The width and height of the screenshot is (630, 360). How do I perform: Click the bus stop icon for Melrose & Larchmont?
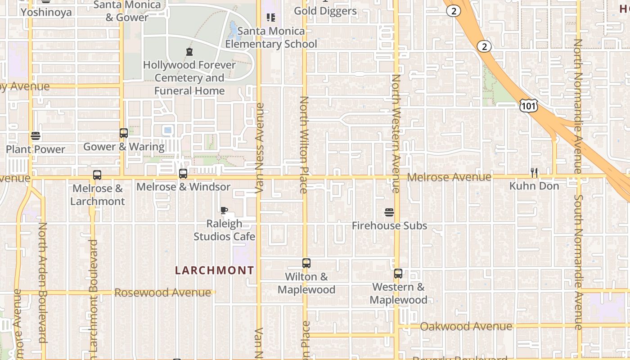(97, 175)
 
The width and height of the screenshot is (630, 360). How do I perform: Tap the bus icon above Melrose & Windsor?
(183, 173)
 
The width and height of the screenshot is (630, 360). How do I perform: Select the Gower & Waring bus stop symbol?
(124, 133)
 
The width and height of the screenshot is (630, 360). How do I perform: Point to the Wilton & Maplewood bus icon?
(306, 263)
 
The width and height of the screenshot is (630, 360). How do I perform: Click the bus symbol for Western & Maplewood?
(398, 273)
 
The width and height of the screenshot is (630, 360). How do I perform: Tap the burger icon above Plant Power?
(36, 136)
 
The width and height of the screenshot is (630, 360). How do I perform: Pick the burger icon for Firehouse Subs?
(389, 212)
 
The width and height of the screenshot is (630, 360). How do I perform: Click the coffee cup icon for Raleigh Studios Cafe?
(224, 210)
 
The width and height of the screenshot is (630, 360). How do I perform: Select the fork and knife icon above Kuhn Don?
(534, 172)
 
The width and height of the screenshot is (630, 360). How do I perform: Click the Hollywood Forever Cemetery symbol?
(189, 52)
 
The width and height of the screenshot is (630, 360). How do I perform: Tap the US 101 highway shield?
(528, 106)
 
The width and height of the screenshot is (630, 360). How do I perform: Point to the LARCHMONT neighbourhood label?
(214, 270)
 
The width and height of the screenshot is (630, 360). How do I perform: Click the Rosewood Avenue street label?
(162, 292)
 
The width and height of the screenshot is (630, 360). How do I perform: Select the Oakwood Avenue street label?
(466, 326)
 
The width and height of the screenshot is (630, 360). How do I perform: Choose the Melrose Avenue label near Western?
(449, 177)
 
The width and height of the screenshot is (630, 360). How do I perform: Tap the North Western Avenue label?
(396, 134)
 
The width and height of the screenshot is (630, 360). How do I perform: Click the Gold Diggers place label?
(325, 11)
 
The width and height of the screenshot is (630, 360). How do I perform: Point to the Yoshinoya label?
(46, 12)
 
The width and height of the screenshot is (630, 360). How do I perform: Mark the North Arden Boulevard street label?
(43, 283)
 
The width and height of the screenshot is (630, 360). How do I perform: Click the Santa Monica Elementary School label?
(271, 37)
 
